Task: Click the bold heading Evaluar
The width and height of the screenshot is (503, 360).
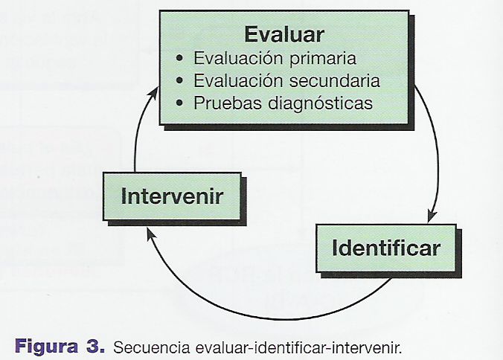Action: tap(284, 34)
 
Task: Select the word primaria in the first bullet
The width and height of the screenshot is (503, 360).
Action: tap(323, 59)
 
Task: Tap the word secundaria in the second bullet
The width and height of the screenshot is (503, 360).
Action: tap(335, 80)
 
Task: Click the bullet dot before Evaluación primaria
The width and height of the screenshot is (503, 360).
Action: tap(179, 58)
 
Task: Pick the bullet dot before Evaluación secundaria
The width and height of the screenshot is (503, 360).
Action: tap(179, 80)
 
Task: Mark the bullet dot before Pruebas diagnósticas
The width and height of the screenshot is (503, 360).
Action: tap(179, 103)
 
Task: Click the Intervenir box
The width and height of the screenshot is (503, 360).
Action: tap(172, 196)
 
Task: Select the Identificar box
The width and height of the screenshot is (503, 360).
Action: tap(386, 248)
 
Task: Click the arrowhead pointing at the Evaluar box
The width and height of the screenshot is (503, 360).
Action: tap(154, 93)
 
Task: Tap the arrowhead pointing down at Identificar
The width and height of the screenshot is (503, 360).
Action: tap(432, 216)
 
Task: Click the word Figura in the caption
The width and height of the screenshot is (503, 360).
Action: tap(46, 347)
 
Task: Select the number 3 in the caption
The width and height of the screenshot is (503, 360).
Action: tap(93, 346)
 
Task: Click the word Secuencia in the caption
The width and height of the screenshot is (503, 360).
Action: tap(152, 347)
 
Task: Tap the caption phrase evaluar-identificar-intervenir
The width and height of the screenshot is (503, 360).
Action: tap(298, 347)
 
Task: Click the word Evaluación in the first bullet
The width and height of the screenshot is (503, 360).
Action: tap(238, 58)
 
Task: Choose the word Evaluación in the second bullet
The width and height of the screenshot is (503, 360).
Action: tap(238, 80)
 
